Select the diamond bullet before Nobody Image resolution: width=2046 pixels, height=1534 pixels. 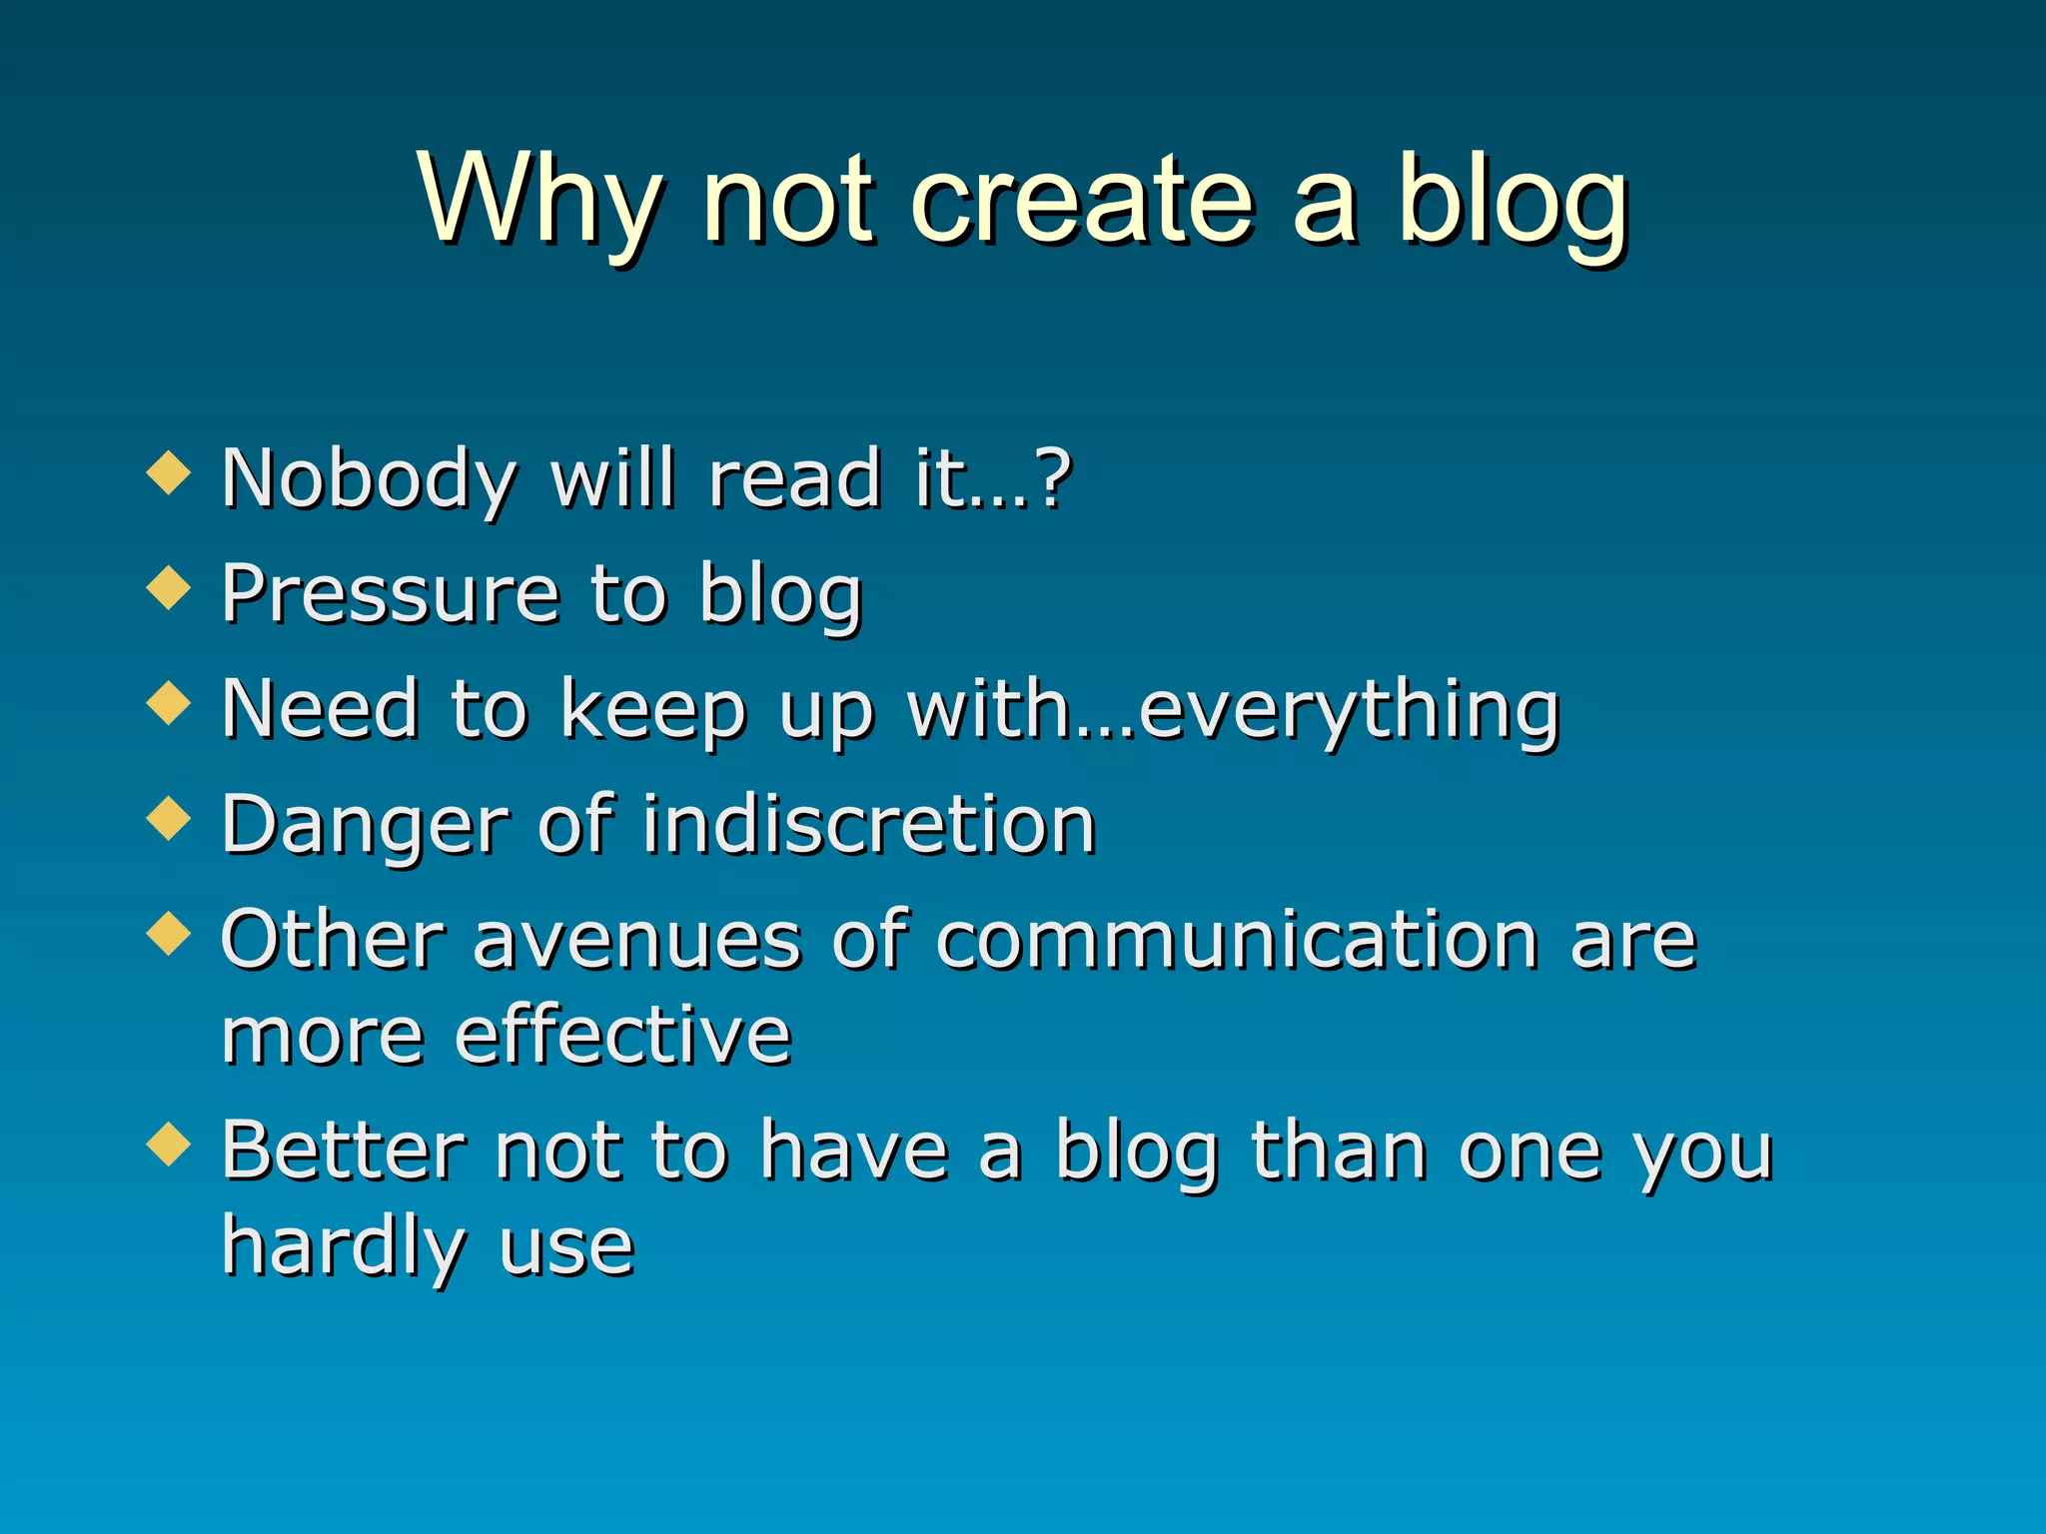(168, 472)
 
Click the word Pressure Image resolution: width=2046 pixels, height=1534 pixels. (390, 593)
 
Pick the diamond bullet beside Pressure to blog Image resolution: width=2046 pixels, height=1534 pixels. (168, 587)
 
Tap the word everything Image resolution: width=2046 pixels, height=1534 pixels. (1349, 711)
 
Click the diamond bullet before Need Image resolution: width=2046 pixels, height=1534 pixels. (168, 702)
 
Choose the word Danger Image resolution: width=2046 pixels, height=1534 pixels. (364, 826)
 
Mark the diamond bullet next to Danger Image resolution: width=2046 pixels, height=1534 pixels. (168, 818)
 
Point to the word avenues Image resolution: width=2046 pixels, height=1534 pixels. (637, 943)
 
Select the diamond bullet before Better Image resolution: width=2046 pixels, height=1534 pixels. (168, 1145)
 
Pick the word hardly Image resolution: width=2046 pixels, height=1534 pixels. (344, 1248)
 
